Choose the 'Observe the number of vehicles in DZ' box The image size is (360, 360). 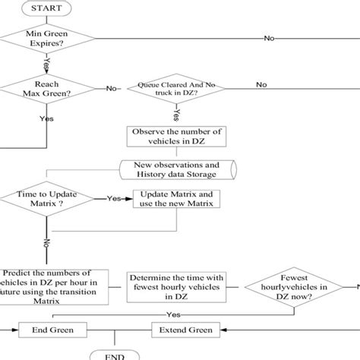pyautogui.click(x=176, y=137)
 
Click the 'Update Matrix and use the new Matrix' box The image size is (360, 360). pyautogui.click(x=178, y=199)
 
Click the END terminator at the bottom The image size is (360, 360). pyautogui.click(x=114, y=355)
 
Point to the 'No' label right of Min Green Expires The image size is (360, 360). pyautogui.click(x=270, y=38)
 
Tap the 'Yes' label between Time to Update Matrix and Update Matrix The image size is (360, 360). pyautogui.click(x=113, y=199)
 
